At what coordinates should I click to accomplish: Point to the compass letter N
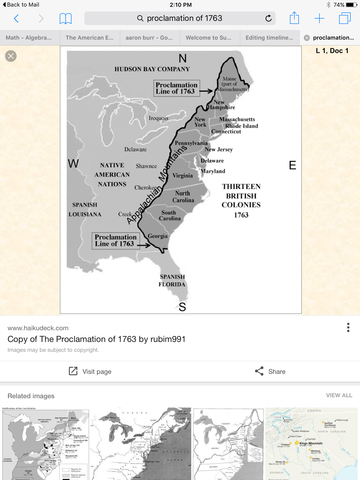pyautogui.click(x=182, y=57)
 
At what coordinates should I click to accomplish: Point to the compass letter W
pyautogui.click(x=73, y=162)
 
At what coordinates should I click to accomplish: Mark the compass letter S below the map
pyautogui.click(x=182, y=307)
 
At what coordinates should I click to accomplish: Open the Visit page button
pyautogui.click(x=90, y=371)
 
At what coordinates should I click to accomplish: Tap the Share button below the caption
pyautogui.click(x=270, y=371)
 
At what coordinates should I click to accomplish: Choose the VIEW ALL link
pyautogui.click(x=339, y=396)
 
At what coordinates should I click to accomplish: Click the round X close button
pyautogui.click(x=10, y=56)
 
